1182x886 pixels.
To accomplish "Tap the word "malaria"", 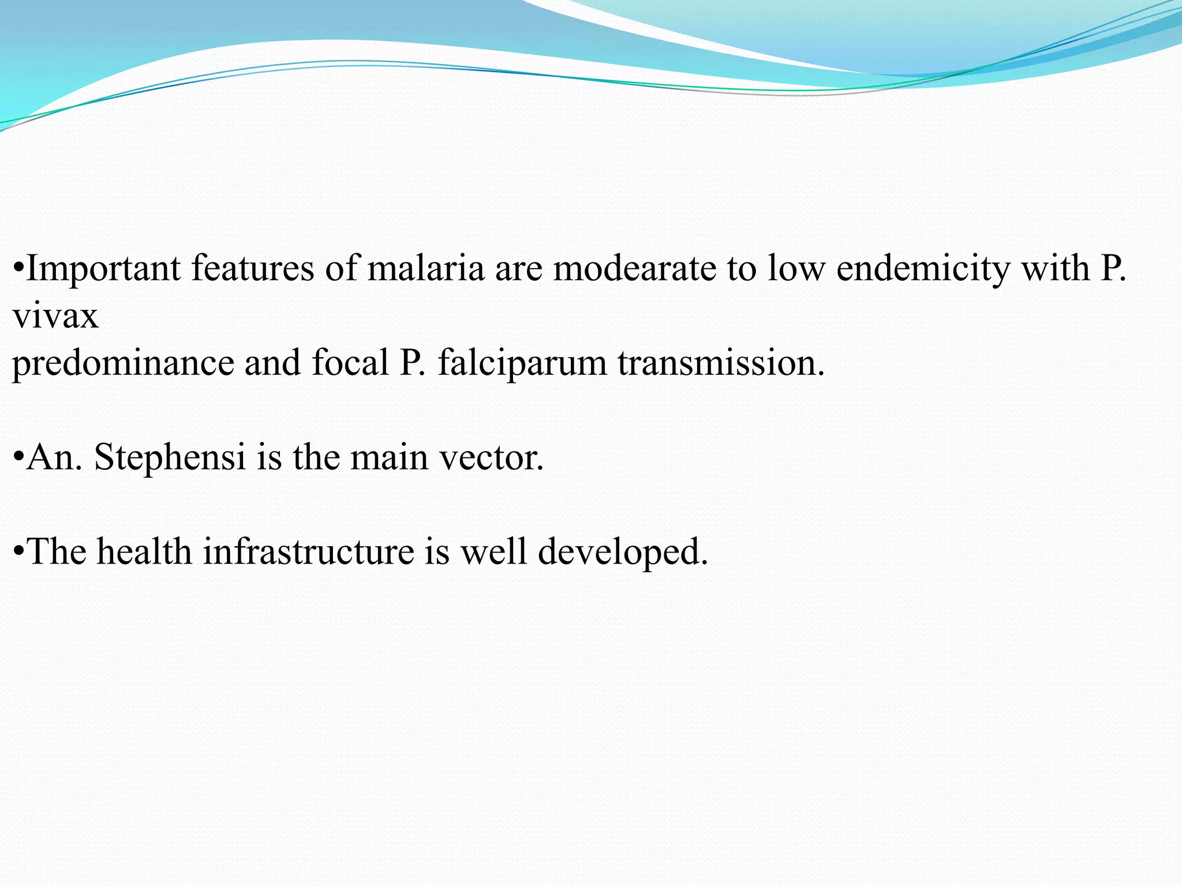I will point(426,269).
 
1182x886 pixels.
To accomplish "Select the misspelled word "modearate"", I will point(635,269).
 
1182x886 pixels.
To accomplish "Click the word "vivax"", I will point(55,316).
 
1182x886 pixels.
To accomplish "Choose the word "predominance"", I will point(123,363).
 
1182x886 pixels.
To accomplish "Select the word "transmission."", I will point(721,363).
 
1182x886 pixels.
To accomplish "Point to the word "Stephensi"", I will point(170,458).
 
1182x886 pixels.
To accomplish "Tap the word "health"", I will point(144,552).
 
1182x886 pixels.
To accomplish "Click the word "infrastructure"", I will point(308,552).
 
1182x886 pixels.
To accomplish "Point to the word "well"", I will point(493,552).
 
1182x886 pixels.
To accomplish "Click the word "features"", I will point(253,269).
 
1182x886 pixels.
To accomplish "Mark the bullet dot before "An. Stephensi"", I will point(18,458).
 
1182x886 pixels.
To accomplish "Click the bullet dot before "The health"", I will point(18,552).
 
